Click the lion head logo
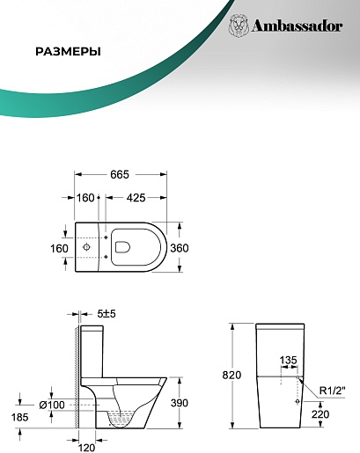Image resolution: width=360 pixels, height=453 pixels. (x=238, y=26)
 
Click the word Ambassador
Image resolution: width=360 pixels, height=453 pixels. (x=297, y=26)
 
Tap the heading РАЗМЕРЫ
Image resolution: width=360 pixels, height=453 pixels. (x=68, y=52)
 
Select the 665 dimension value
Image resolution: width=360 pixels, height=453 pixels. (x=120, y=174)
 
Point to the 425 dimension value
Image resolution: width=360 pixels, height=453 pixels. (x=136, y=198)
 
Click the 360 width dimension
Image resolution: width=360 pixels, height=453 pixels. (x=180, y=248)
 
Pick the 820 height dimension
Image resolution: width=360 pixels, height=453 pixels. (x=231, y=375)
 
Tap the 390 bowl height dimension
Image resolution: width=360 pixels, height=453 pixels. (x=180, y=403)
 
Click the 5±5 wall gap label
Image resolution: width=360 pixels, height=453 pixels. (x=107, y=314)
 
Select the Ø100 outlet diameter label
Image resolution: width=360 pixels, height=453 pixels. (x=52, y=406)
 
